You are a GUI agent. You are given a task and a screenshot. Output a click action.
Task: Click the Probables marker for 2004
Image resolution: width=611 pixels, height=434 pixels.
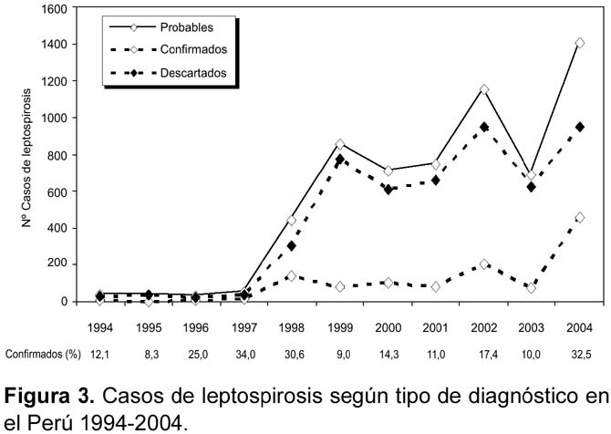579,43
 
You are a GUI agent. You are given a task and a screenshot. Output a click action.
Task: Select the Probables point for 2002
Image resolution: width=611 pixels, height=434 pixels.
484,89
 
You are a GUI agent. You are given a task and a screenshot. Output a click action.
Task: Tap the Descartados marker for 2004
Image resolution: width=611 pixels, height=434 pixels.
579,127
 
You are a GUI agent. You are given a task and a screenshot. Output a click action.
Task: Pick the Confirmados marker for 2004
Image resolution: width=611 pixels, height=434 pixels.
579,217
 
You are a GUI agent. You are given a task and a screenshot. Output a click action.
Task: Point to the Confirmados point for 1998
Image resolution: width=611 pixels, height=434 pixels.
291,276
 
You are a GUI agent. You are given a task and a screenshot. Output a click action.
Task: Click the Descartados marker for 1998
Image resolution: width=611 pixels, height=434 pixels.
291,246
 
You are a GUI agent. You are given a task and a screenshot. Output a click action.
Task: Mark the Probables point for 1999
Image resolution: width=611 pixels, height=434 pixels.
340,144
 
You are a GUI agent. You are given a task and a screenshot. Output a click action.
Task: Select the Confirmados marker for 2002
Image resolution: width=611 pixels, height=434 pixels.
484,264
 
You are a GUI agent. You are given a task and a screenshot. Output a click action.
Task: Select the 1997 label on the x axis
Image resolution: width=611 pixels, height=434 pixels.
243,327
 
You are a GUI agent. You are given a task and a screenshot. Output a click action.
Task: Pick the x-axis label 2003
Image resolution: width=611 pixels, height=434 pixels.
531,327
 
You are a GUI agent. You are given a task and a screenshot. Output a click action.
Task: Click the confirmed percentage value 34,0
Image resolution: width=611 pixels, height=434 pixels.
245,355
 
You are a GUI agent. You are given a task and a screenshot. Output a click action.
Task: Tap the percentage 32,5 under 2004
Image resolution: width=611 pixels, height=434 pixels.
581,355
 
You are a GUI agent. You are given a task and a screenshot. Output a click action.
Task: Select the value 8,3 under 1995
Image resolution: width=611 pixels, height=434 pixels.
151,355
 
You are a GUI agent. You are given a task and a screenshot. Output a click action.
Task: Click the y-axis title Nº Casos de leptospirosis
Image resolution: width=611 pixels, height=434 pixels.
26,158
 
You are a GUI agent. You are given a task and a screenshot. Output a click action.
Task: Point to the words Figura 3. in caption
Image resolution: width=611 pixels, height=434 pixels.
49,397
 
